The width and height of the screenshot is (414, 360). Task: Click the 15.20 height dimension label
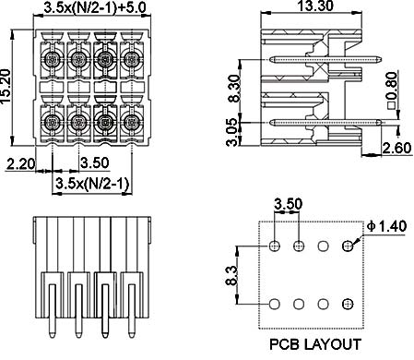(x=6, y=87)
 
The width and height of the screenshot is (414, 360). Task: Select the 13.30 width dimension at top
(x=315, y=6)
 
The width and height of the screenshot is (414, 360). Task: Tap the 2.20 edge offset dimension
(x=21, y=163)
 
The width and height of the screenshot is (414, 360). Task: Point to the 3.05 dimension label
(x=232, y=132)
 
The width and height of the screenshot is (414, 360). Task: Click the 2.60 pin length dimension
(x=397, y=148)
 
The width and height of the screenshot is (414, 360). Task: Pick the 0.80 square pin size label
(x=393, y=90)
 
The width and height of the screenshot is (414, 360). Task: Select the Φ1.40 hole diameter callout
(x=387, y=226)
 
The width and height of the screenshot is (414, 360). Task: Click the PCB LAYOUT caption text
(x=315, y=344)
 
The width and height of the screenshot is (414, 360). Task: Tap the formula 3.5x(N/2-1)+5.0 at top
(x=95, y=7)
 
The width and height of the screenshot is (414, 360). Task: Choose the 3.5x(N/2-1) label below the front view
(x=92, y=184)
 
